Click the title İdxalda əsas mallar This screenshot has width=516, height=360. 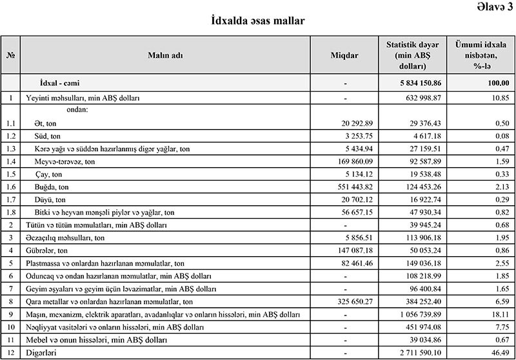click(x=258, y=21)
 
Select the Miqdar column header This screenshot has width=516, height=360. click(x=345, y=55)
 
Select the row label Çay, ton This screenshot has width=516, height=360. click(x=48, y=175)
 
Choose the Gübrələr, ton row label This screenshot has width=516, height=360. click(x=47, y=250)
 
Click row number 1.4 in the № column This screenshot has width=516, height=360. click(x=10, y=162)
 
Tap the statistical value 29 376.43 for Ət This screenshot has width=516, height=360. click(x=422, y=124)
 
